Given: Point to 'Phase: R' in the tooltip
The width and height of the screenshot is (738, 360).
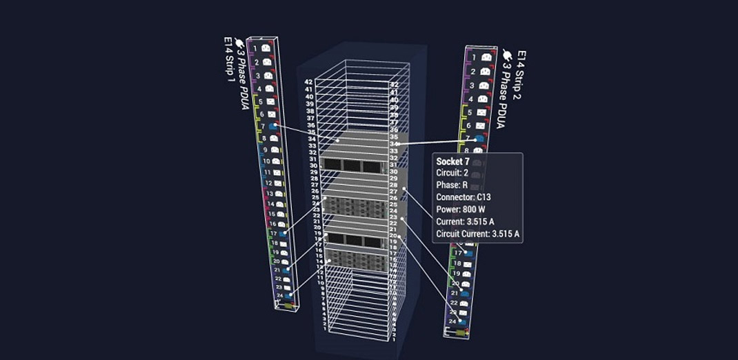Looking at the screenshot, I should [452, 186].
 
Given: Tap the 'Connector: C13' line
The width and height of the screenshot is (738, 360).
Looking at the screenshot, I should [463, 197].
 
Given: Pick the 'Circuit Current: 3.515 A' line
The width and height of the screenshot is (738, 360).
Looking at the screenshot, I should [478, 234].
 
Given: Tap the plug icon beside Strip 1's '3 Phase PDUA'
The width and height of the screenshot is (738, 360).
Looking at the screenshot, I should [239, 43].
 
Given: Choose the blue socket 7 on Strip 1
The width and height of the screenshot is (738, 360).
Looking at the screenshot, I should [273, 126].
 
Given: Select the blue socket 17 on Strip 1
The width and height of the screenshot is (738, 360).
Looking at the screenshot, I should [283, 234].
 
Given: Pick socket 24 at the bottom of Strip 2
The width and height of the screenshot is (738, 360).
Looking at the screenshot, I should [463, 321].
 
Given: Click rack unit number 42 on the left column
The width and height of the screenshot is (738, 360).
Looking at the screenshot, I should [308, 82].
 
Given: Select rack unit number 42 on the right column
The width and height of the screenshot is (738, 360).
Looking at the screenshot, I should [395, 83].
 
